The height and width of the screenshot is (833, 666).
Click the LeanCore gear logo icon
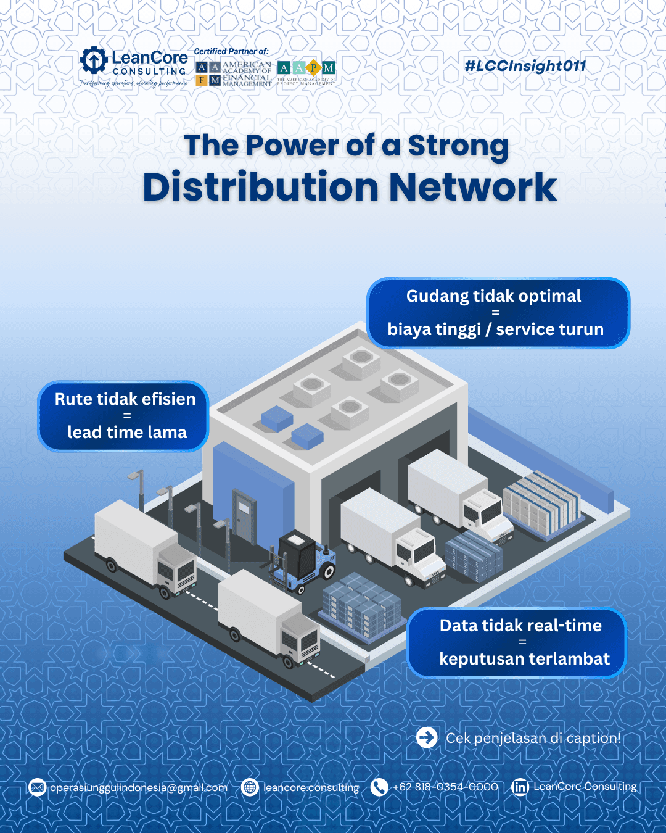pyautogui.click(x=94, y=60)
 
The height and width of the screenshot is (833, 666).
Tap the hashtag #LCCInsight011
pyautogui.click(x=525, y=66)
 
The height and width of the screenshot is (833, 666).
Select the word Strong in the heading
pyautogui.click(x=458, y=146)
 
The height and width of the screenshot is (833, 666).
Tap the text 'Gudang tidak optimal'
pyautogui.click(x=493, y=296)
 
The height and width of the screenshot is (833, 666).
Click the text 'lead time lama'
pyautogui.click(x=127, y=432)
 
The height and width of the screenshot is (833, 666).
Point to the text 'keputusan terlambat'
pyautogui.click(x=524, y=658)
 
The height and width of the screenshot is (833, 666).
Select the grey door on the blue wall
pyautogui.click(x=244, y=516)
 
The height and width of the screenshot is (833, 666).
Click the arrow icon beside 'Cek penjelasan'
pyautogui.click(x=427, y=737)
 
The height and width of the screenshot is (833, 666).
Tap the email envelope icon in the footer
pyautogui.click(x=38, y=787)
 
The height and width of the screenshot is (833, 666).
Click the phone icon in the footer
pyautogui.click(x=379, y=787)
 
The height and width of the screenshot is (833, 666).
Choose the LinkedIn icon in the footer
pyautogui.click(x=520, y=787)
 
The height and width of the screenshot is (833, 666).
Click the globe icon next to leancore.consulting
pyautogui.click(x=250, y=787)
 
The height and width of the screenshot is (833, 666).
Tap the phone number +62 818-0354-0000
pyautogui.click(x=445, y=787)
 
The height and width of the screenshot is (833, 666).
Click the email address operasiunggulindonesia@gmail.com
pyautogui.click(x=138, y=787)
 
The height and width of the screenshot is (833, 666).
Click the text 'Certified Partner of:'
pyautogui.click(x=231, y=51)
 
